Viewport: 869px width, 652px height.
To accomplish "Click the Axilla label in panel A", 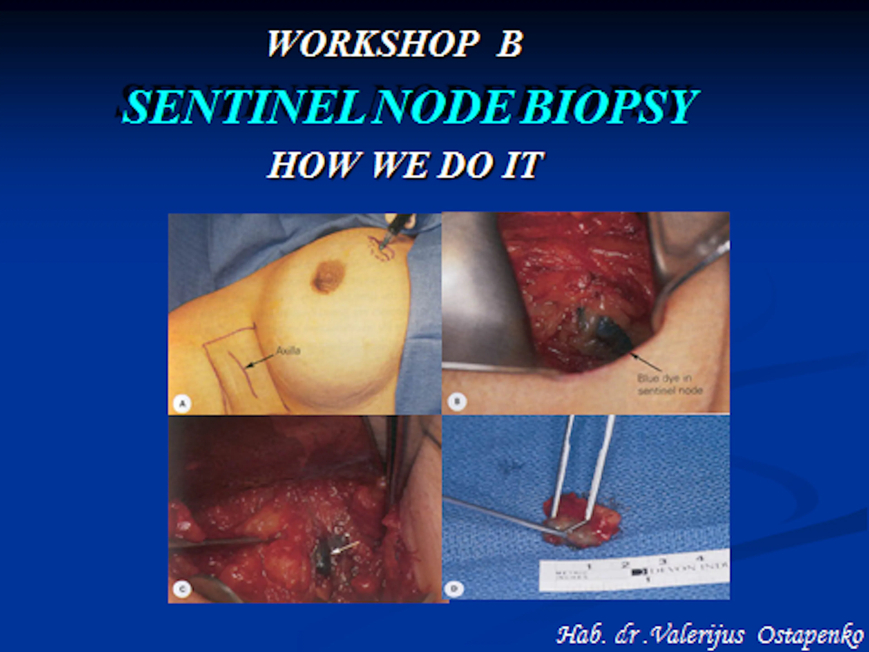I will [x=288, y=350].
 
